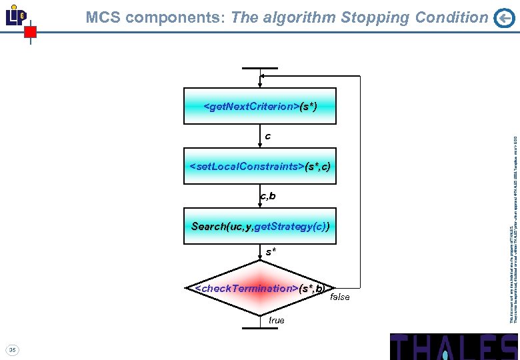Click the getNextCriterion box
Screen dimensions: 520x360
(x=260, y=106)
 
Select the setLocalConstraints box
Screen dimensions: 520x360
(x=260, y=165)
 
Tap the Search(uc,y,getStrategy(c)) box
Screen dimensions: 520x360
(x=260, y=226)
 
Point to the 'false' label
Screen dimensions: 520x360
(x=339, y=297)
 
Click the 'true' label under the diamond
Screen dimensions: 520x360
(x=276, y=321)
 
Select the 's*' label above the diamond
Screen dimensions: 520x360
(x=271, y=253)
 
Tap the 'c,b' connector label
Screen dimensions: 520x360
(x=267, y=196)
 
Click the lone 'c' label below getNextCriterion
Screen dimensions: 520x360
(x=267, y=136)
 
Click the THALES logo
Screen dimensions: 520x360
(x=453, y=346)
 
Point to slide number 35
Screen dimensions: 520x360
(x=13, y=349)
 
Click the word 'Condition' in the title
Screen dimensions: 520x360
(x=453, y=18)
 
